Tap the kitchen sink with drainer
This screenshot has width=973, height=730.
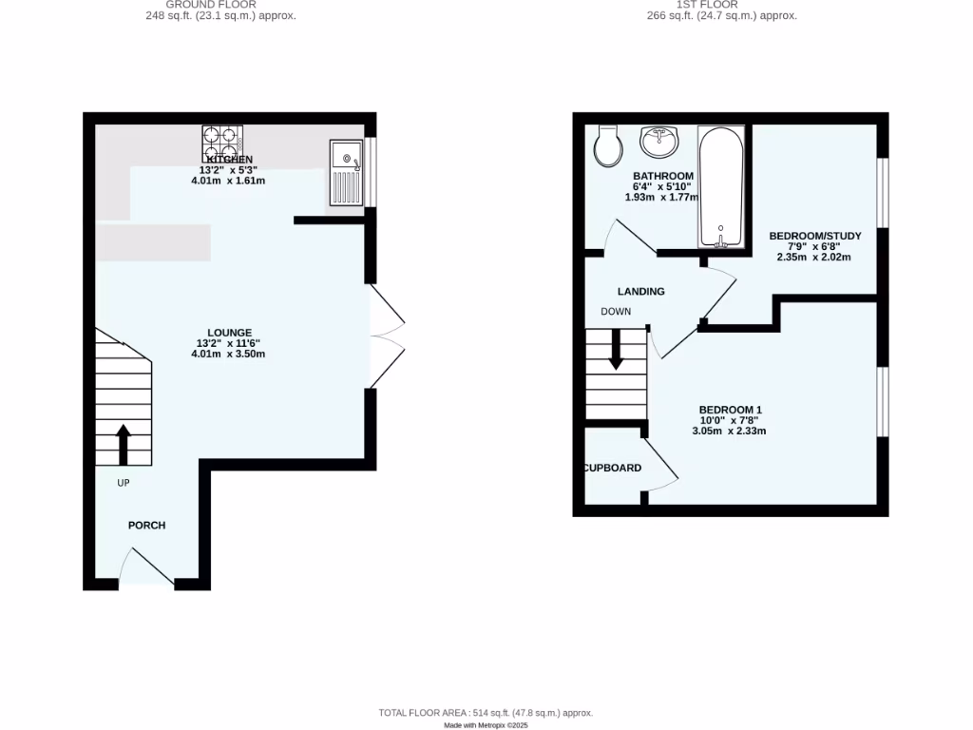(346, 172)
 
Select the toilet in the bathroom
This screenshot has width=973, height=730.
(605, 145)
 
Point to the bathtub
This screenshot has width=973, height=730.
(721, 186)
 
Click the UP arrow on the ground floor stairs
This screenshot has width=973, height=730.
(123, 444)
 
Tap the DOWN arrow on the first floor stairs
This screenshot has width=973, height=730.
(616, 349)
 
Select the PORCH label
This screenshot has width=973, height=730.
(147, 526)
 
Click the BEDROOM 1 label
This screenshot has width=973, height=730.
(731, 410)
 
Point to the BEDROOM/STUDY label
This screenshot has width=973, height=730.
(814, 236)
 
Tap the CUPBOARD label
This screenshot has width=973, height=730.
(613, 468)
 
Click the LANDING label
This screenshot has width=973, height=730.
(641, 292)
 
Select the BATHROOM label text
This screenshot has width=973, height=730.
(663, 176)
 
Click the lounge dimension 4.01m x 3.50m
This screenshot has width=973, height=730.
(228, 355)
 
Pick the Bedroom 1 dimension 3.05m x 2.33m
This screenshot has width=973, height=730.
(729, 431)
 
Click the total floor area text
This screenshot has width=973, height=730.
(486, 713)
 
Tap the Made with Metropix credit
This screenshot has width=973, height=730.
(486, 725)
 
